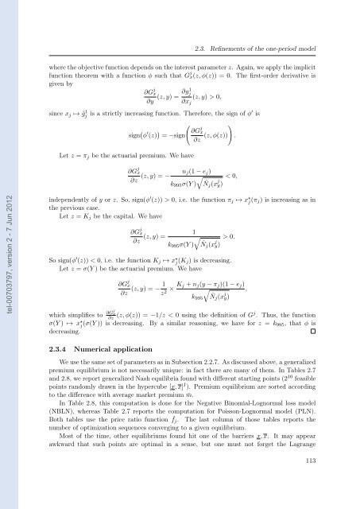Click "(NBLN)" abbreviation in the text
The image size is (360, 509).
coord(64,433)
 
